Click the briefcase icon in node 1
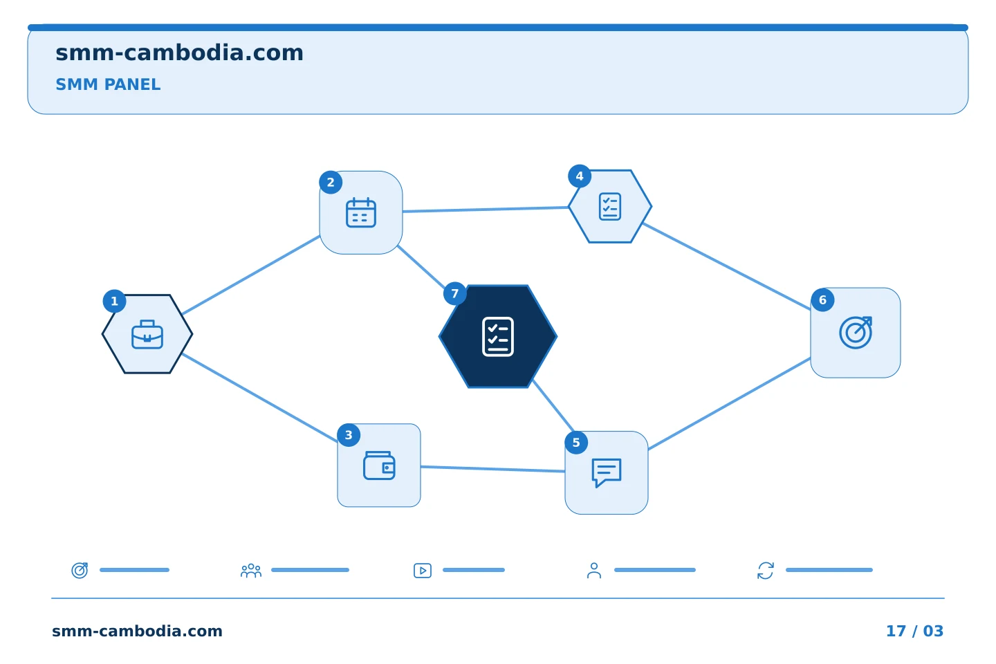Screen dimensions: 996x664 (147, 335)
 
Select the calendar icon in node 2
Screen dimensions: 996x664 (360, 212)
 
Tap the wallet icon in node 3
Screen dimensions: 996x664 (379, 465)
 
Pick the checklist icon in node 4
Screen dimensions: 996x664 (609, 206)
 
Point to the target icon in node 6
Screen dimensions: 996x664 (856, 333)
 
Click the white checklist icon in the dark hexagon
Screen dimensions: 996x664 (497, 337)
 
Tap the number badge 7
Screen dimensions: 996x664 (454, 293)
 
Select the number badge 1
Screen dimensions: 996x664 (114, 301)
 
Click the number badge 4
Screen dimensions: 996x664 (580, 176)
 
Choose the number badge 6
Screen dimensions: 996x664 (822, 300)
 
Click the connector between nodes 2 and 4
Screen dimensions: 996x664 (486, 209)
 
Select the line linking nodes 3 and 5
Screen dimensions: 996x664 (492, 469)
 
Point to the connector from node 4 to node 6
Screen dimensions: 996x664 (726, 266)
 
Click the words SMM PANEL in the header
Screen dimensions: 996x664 (108, 84)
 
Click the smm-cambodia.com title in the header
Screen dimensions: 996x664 (179, 53)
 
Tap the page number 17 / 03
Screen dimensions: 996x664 (914, 631)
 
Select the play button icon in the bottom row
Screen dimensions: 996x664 (423, 571)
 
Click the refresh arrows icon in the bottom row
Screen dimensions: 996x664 (765, 571)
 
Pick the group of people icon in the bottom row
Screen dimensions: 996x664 (251, 571)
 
